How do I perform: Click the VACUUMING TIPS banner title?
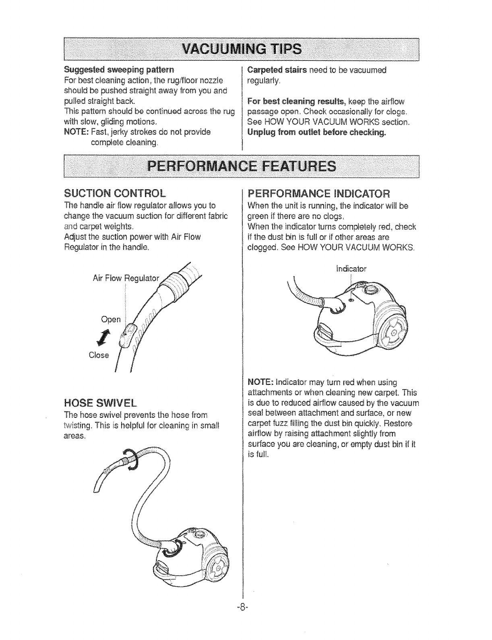(x=242, y=49)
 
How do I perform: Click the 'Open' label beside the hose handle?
(x=111, y=320)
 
